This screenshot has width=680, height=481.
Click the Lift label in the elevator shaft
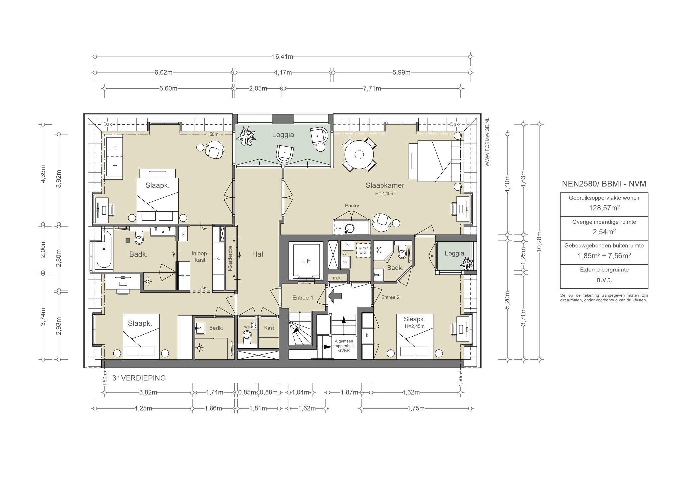click(x=306, y=261)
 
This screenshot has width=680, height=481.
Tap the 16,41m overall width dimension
click(x=282, y=57)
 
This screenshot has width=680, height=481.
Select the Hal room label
click(x=257, y=254)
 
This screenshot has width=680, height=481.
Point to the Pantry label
click(x=352, y=206)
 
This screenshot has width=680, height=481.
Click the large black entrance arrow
click(x=335, y=295)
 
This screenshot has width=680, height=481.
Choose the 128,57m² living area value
click(x=604, y=208)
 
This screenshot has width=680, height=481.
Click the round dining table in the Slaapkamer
click(x=359, y=154)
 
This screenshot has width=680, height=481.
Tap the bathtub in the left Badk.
click(x=104, y=249)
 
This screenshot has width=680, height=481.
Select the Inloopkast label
click(x=200, y=257)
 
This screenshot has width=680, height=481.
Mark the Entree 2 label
click(x=390, y=297)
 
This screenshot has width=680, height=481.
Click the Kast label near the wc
click(x=269, y=328)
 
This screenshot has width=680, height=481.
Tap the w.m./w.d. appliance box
click(x=363, y=250)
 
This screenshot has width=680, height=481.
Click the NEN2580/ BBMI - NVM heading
click(x=604, y=184)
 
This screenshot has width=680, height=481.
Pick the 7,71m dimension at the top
click(x=372, y=88)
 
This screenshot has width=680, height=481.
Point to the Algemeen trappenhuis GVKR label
click(x=343, y=346)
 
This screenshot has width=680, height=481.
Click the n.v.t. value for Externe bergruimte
click(x=604, y=280)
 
